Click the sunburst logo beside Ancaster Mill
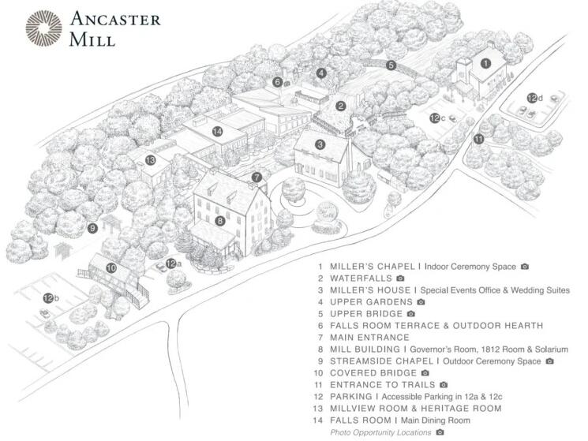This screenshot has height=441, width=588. point(43,28)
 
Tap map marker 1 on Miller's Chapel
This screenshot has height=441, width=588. point(485,63)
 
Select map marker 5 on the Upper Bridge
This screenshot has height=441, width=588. point(391,65)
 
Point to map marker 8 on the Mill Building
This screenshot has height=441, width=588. point(220,221)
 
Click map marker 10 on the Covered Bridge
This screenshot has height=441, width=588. point(111,268)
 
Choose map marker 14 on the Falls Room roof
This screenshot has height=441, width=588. point(218,131)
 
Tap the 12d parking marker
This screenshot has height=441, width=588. point(534,98)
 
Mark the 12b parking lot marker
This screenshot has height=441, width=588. point(51,298)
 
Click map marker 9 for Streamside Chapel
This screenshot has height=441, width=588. point(92,228)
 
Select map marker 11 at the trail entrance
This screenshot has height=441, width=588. point(478,140)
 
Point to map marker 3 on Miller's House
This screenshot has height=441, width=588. point(320,144)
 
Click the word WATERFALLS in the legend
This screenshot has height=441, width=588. point(361,278)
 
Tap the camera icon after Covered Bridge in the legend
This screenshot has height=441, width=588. point(425,373)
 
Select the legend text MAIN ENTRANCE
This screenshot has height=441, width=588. point(369,338)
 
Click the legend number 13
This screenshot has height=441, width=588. point(318,409)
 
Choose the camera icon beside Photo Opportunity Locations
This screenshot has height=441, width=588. point(440,432)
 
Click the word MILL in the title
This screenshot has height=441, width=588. point(92,39)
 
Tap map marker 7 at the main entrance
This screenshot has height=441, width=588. point(257,177)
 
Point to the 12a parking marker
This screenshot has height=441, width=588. point(174,263)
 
